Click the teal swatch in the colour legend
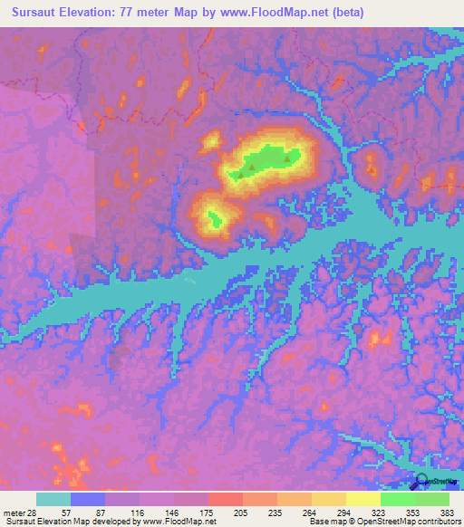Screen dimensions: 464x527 point(53,499)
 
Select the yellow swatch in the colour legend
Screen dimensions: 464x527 point(363,499)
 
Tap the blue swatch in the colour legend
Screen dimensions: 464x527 point(88,499)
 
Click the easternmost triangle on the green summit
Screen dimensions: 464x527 point(288,159)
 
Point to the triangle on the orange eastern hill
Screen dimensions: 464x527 point(371,168)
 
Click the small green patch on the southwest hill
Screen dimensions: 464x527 point(215,217)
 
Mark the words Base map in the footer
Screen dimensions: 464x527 point(324,522)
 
